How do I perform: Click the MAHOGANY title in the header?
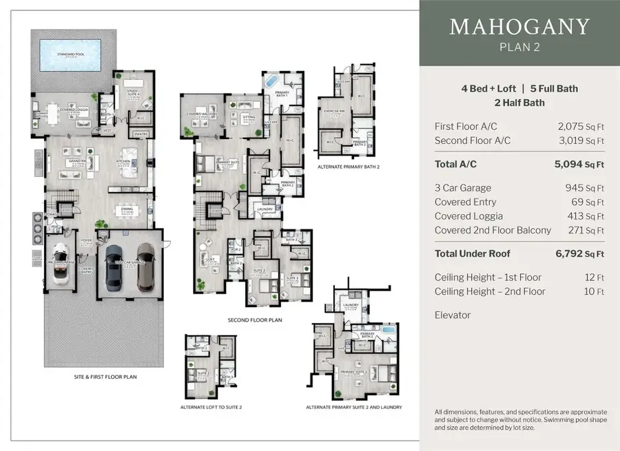click(519, 27)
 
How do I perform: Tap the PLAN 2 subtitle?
click(519, 47)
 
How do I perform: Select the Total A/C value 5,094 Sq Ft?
click(579, 164)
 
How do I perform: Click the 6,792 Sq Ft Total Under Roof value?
click(579, 253)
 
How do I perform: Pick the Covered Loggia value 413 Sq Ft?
click(581, 216)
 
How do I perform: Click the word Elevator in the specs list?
click(453, 315)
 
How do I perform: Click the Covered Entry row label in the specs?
click(465, 202)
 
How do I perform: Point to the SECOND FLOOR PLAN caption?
click(255, 320)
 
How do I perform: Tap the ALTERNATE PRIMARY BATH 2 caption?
click(348, 167)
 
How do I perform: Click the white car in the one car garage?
click(59, 265)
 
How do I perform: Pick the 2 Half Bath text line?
click(519, 103)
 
